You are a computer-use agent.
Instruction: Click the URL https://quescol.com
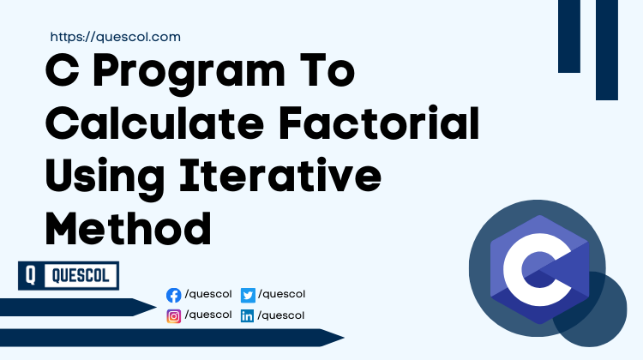(x=115, y=37)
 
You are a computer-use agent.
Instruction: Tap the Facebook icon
(x=174, y=296)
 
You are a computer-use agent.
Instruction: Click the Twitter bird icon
(x=249, y=296)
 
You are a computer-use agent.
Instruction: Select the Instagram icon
(x=174, y=316)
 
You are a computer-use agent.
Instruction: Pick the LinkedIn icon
(x=249, y=316)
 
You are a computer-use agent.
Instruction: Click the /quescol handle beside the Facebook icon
(x=208, y=295)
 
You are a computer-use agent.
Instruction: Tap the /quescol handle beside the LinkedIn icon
(x=281, y=315)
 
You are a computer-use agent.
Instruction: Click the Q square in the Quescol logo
(x=30, y=276)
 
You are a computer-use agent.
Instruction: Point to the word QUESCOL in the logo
(x=80, y=276)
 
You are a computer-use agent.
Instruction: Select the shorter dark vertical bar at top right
(x=569, y=36)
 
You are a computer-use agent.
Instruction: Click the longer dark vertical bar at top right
(x=607, y=50)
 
